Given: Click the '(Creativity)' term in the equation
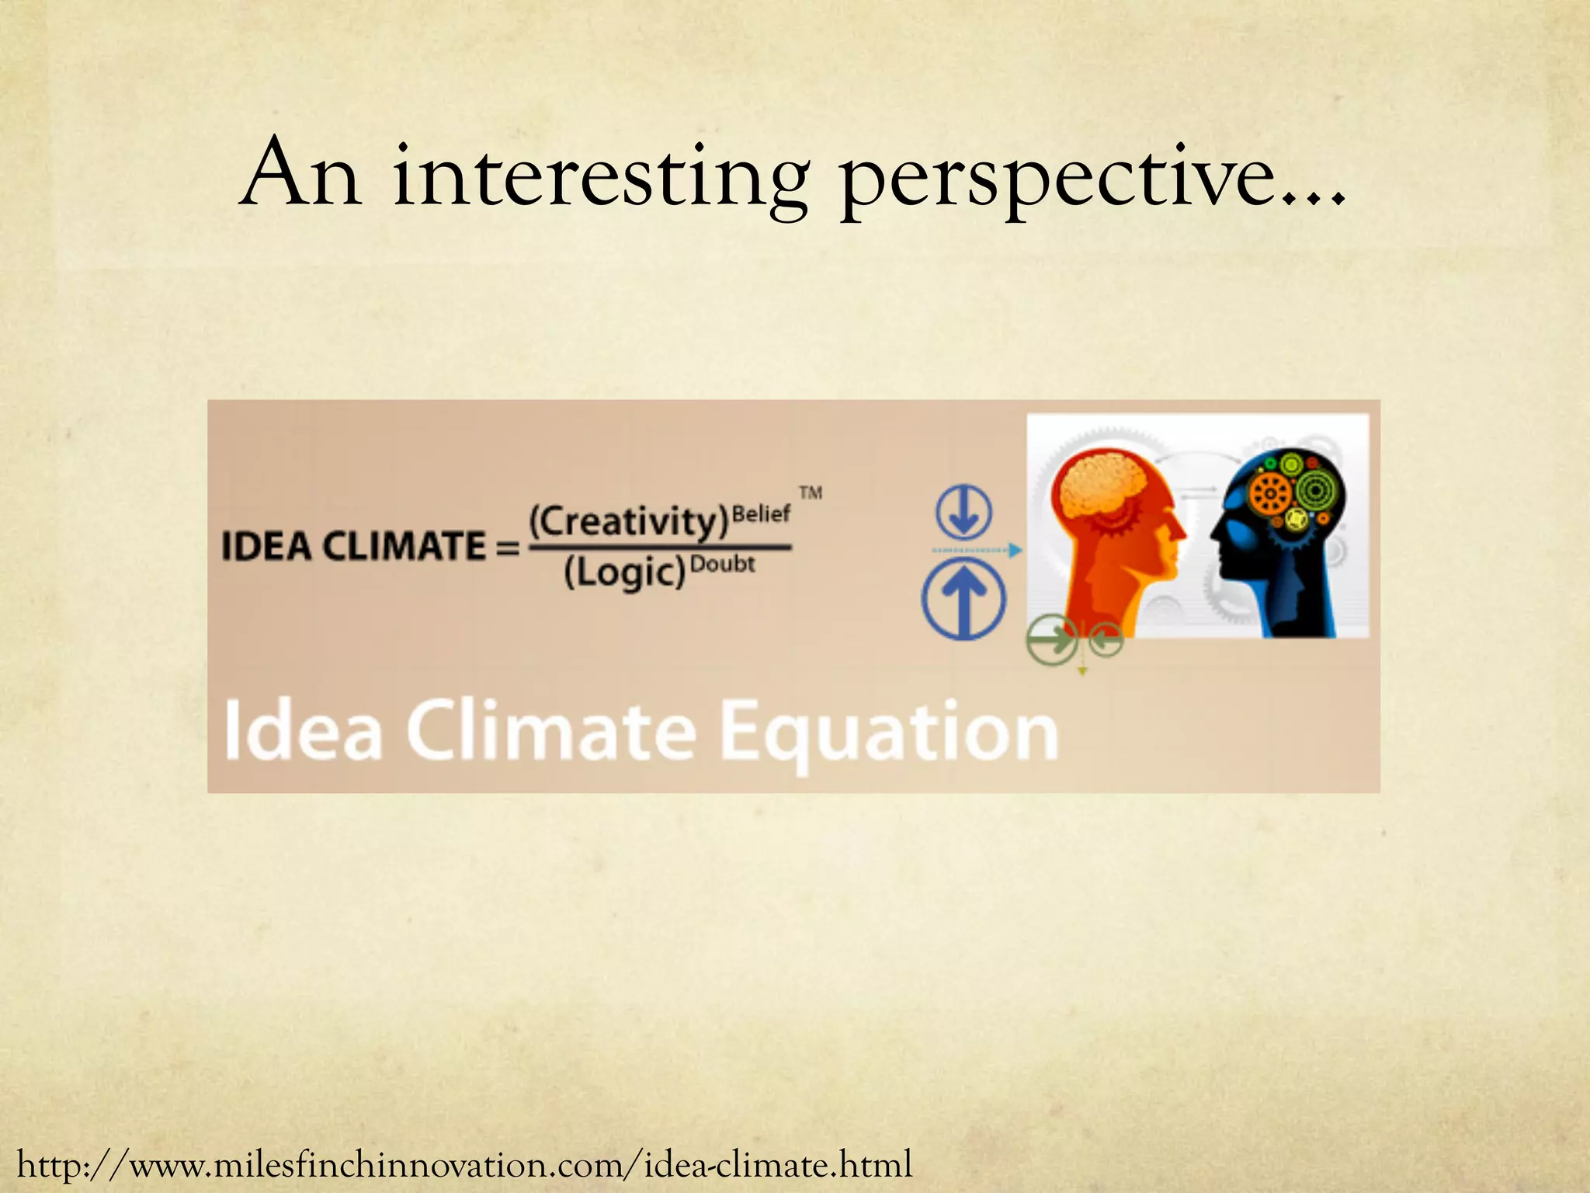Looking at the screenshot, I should click(628, 521).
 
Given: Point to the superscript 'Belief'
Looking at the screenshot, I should click(761, 513).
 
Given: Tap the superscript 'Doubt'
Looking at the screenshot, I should click(722, 563).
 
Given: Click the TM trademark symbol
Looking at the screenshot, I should click(811, 492).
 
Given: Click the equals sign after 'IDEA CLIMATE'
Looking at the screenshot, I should click(507, 548).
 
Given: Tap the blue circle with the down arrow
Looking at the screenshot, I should click(963, 513).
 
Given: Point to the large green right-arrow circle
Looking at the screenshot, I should click(1052, 641).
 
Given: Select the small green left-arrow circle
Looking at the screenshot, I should click(1106, 641).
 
